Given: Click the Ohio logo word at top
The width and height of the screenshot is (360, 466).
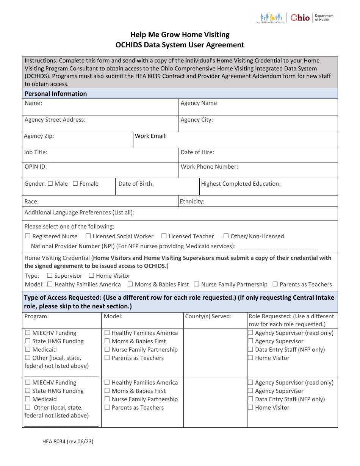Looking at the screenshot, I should (300, 17).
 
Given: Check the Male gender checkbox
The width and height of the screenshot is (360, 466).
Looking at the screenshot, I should (50, 183).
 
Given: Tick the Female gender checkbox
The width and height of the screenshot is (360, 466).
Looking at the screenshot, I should (75, 183).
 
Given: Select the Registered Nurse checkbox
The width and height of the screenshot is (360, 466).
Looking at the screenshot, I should (28, 236).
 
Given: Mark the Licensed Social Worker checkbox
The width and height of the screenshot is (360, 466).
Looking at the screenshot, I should (88, 236).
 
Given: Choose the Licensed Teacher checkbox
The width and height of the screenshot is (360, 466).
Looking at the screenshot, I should (164, 236).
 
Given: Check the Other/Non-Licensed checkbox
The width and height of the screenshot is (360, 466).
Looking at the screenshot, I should (226, 236).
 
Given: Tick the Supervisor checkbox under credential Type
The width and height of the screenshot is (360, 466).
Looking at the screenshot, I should (50, 275).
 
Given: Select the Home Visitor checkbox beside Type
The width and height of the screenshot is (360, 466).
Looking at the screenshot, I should (91, 275).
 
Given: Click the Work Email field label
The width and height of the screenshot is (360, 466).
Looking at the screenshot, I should (151, 136).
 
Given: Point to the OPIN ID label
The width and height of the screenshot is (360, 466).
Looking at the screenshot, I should (36, 166).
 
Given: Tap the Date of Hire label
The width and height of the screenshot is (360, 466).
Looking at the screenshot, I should (197, 152).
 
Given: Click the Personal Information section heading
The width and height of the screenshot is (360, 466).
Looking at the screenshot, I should (56, 94).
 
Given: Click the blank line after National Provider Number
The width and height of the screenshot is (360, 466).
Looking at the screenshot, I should (277, 246).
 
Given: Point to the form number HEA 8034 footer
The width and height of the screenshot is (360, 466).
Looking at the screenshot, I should (63, 441).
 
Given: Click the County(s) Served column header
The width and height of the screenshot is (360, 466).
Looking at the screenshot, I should (208, 316).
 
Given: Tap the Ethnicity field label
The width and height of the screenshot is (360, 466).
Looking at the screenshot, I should (192, 202).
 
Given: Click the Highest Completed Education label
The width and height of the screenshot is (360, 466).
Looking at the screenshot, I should (241, 183).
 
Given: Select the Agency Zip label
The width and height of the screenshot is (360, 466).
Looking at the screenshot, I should (39, 136).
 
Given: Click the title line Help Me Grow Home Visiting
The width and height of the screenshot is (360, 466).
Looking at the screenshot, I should (180, 34).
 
